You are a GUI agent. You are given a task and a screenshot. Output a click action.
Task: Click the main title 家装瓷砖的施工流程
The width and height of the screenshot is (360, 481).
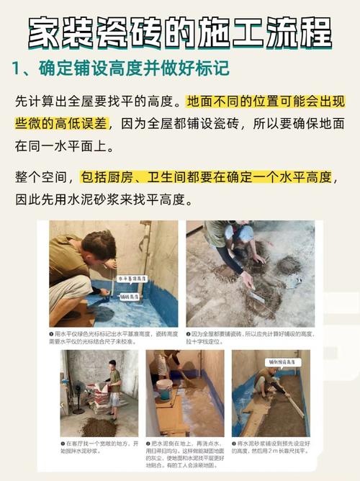pos(180,32)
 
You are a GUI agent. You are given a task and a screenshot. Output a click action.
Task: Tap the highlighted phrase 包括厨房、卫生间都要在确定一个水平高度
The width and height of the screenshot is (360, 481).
pos(207,176)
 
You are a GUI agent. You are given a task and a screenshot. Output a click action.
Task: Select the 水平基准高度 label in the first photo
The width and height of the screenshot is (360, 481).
pos(132,277)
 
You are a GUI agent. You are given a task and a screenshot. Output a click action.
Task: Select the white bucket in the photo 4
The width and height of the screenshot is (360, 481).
pos(165,390)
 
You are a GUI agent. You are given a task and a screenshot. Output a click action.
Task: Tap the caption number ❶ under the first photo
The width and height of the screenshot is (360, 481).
pos(53,334)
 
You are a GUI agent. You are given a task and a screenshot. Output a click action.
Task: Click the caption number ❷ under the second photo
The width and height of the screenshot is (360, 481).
pos(189,334)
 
